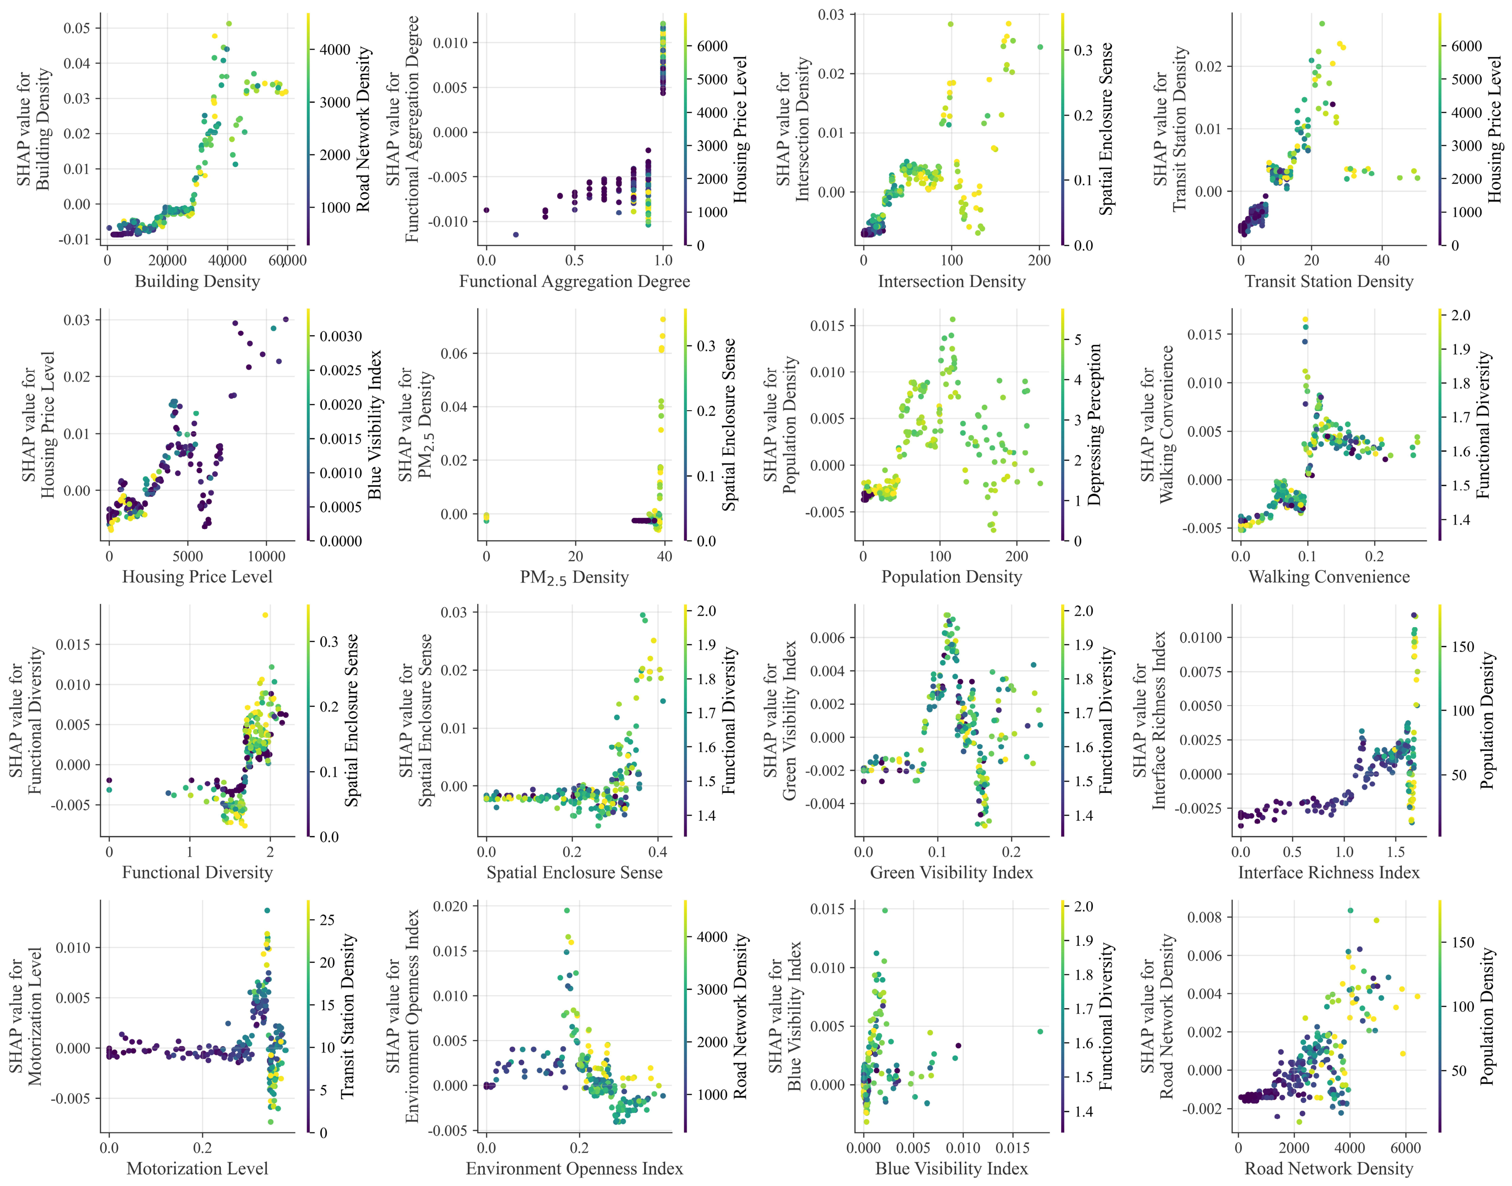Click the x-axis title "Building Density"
197,281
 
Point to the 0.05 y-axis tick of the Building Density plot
77,29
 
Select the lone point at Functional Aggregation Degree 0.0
486,210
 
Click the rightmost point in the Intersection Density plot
1040,47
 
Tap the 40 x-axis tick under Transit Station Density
1382,260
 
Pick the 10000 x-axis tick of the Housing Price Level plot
267,556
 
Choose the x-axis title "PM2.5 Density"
575,578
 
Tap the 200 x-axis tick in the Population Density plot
1017,556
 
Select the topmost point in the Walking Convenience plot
1305,320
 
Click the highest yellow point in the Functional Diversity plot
265,615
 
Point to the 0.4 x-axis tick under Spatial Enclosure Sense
658,852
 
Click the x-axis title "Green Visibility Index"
951,873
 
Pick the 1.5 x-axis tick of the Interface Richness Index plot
1118,852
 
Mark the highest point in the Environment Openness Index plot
567,910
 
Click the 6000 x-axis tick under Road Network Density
1407,1148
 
